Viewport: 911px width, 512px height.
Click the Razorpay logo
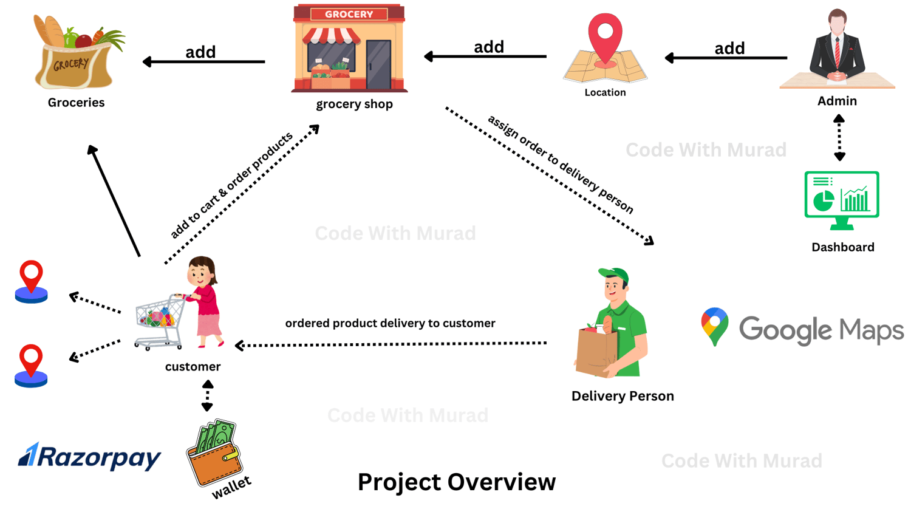(x=89, y=457)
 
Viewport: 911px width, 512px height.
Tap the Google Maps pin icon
(x=714, y=326)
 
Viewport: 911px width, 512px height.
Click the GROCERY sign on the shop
(x=349, y=14)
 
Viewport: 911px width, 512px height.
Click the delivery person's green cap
(x=614, y=275)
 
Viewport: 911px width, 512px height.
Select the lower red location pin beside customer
(x=31, y=364)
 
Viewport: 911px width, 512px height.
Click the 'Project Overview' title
(x=456, y=482)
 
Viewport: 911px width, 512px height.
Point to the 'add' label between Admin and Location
(x=729, y=48)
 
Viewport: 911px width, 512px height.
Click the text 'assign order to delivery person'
(x=561, y=164)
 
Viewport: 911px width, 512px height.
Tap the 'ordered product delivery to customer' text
(x=390, y=323)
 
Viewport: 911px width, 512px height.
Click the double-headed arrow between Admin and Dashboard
(x=839, y=138)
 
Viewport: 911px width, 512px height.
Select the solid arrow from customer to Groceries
(x=114, y=200)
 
